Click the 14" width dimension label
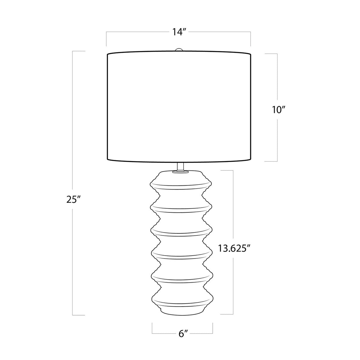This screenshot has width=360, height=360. click(177, 32)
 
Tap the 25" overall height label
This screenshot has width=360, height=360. click(73, 200)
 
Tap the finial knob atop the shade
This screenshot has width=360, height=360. click(179, 50)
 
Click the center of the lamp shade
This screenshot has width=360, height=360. click(179, 107)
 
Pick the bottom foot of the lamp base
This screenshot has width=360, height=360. click(181, 310)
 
